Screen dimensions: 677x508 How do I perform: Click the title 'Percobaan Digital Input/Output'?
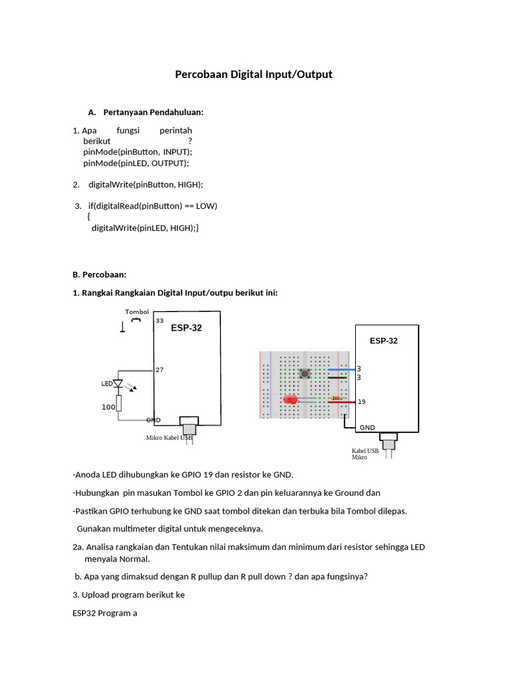[253, 75]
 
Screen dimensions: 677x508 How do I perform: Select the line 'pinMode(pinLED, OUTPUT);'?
[136, 163]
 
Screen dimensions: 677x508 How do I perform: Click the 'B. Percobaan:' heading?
[99, 274]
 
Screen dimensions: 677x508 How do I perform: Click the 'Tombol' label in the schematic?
[137, 312]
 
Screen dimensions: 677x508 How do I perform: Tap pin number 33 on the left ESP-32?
[159, 321]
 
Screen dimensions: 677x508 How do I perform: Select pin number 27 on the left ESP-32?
[159, 370]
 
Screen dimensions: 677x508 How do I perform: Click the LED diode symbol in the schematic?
[118, 383]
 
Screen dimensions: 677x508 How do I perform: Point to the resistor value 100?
[108, 407]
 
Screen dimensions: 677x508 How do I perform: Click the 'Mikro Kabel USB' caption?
[169, 438]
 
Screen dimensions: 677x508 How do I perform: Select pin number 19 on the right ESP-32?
[361, 401]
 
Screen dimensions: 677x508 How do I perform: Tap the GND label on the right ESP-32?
[367, 428]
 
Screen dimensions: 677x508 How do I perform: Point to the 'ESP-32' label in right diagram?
[384, 340]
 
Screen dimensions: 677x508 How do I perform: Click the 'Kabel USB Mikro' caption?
[365, 454]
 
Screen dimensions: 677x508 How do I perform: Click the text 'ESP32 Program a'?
[105, 613]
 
